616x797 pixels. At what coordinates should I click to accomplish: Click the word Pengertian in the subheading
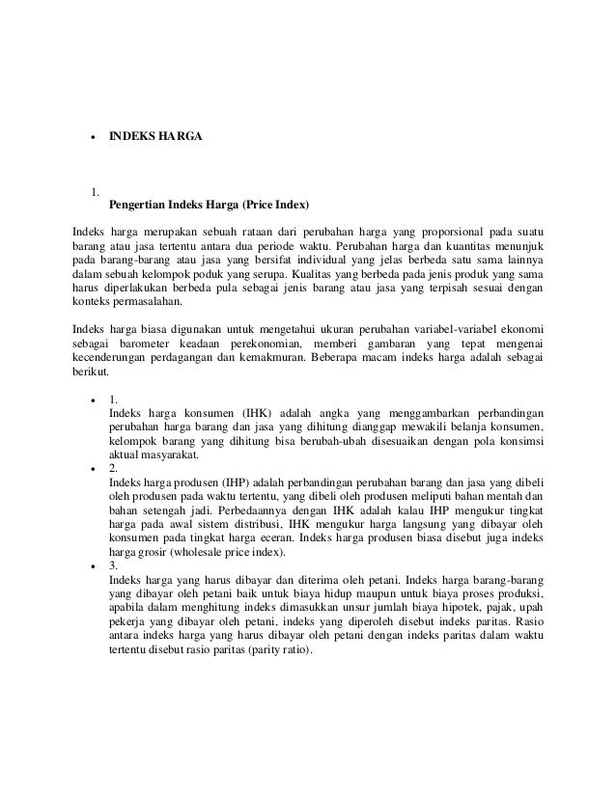pos(137,206)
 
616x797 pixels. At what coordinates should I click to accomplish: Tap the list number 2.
pos(114,467)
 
